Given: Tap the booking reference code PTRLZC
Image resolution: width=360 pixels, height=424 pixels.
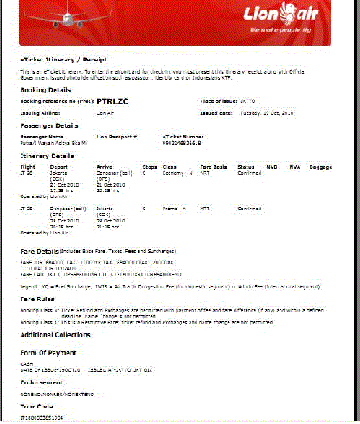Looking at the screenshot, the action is [114, 100].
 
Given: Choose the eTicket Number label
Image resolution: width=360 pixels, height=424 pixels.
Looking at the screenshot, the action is [183, 137].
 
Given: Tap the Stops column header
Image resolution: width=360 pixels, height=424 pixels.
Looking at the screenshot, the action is [149, 166].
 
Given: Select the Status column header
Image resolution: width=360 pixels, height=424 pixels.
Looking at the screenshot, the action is [246, 166].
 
